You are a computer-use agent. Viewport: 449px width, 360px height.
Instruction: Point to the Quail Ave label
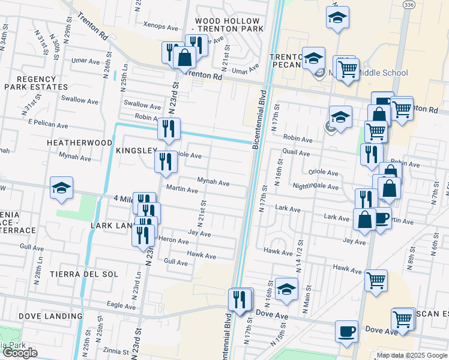[297, 153]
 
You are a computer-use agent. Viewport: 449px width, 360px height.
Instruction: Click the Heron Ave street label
[175, 239]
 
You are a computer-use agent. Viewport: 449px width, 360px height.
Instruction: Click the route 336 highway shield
[409, 5]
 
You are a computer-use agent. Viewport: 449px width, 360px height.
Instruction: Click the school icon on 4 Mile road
[61, 188]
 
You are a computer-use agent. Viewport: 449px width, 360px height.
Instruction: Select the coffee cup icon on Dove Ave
[346, 331]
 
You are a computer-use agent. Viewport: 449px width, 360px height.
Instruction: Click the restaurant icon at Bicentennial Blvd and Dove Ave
[240, 299]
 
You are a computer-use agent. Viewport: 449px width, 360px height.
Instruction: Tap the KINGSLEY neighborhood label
[136, 150]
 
